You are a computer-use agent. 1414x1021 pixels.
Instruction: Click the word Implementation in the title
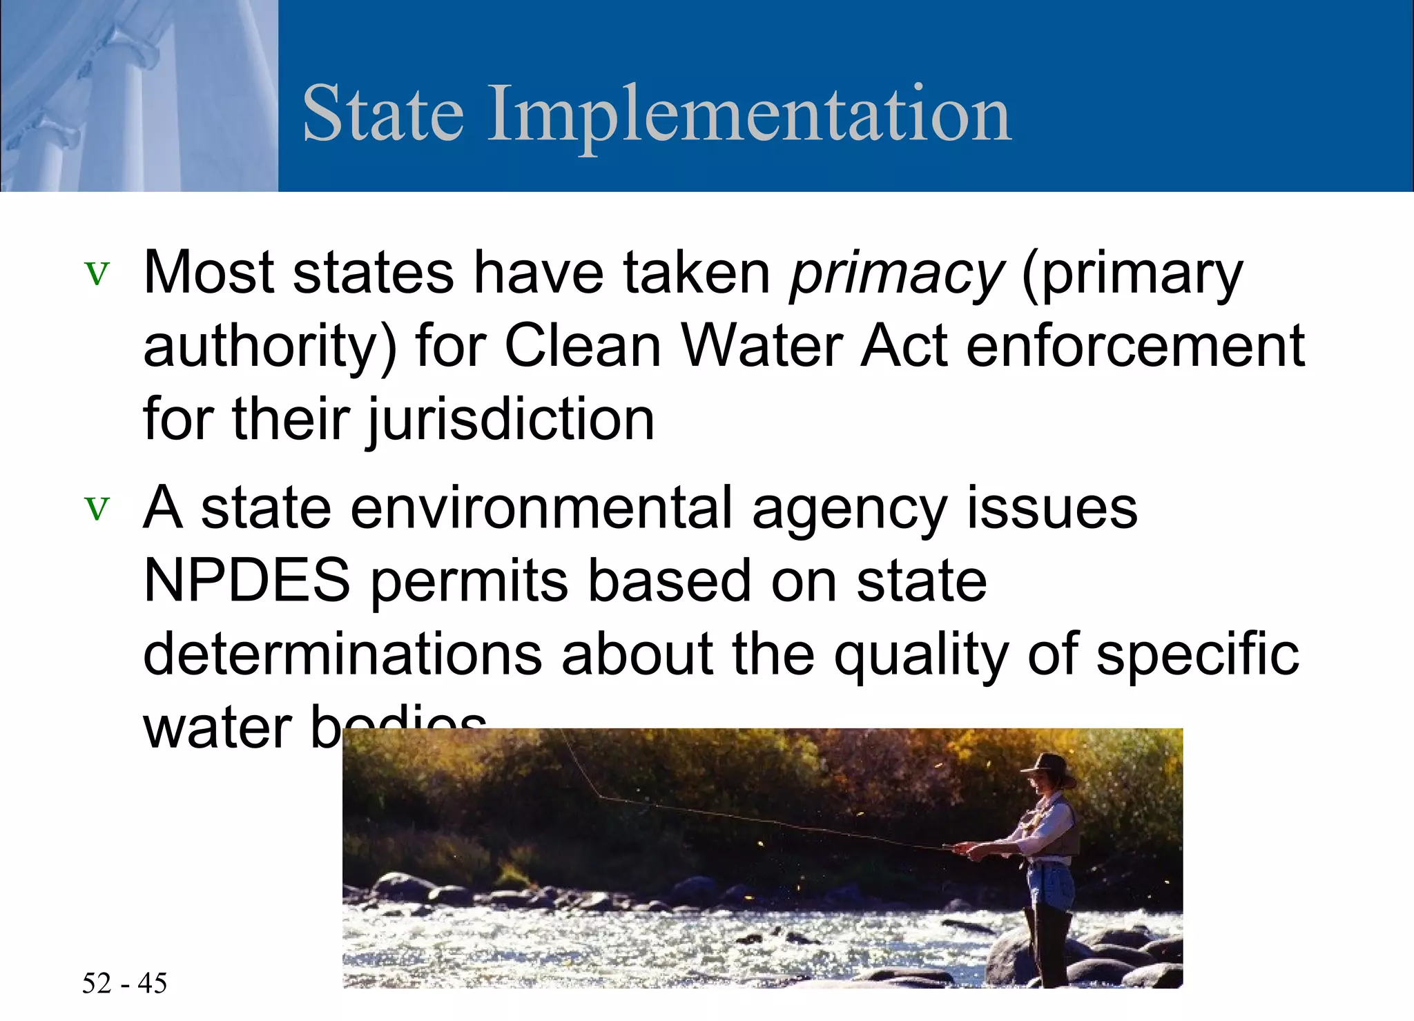tap(749, 114)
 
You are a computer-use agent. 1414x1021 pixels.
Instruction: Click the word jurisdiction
tap(510, 419)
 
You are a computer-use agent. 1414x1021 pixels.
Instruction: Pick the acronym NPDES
tap(246, 581)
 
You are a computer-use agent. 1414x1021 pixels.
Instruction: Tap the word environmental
tap(541, 507)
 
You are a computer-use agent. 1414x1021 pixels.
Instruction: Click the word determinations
tap(342, 654)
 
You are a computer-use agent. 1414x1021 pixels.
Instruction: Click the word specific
tap(1197, 654)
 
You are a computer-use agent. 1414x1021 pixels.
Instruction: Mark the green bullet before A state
tap(97, 509)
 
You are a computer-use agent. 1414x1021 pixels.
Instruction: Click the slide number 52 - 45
tap(124, 983)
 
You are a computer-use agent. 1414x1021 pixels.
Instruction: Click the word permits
tap(469, 582)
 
